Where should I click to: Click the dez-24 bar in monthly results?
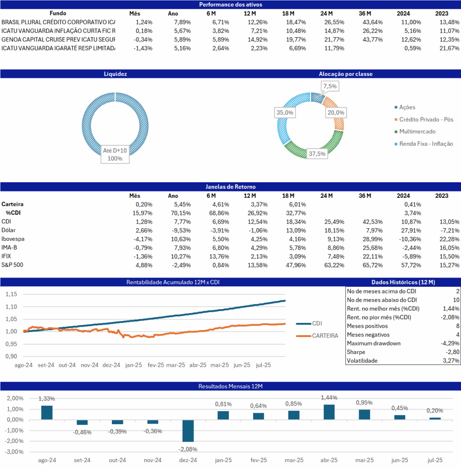(188, 431)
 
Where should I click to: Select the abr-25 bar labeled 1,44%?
(329, 412)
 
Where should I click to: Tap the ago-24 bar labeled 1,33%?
(47, 413)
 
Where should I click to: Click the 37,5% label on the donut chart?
(317, 154)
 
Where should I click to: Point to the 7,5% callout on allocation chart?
(330, 86)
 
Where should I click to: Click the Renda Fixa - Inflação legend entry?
(424, 144)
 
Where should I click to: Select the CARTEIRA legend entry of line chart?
(317, 336)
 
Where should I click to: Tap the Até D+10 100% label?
(115, 155)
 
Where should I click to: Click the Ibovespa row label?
(13, 239)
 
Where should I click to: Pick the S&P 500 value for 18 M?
(296, 265)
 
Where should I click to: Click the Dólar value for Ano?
(181, 230)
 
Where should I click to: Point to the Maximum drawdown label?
(373, 344)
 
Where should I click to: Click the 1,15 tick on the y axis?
(11, 294)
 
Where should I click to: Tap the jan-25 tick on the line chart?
(133, 365)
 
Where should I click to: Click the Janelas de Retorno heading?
(231, 187)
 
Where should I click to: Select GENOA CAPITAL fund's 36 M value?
(372, 39)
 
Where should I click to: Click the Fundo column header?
(58, 13)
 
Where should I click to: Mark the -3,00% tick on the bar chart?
(14, 452)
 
